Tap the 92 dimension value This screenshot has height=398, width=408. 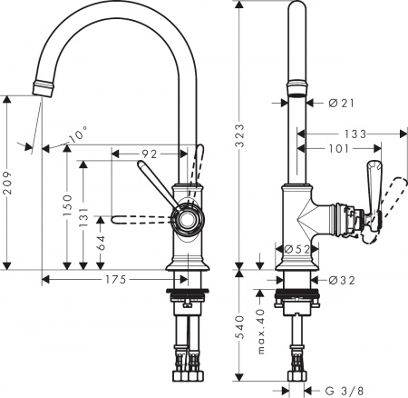[x=151, y=154]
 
